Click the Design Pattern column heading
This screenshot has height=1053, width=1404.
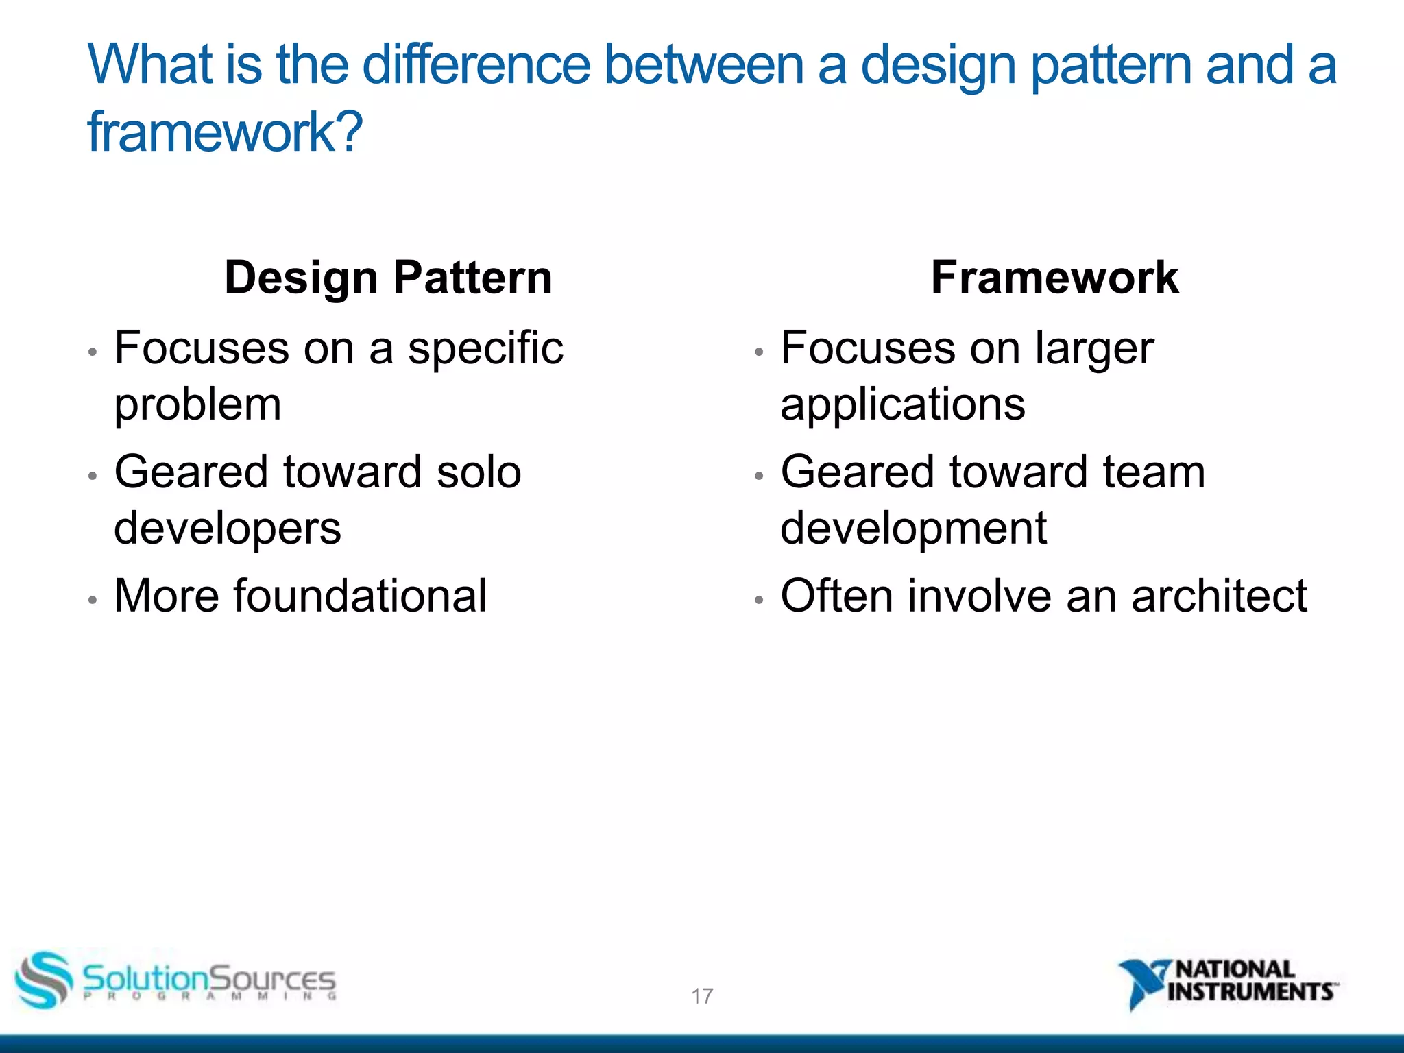[x=388, y=278]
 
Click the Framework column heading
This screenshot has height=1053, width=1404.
[x=1054, y=278]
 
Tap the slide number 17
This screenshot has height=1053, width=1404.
[x=702, y=995]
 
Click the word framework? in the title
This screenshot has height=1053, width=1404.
[x=225, y=132]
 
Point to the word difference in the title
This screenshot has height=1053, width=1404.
[x=476, y=64]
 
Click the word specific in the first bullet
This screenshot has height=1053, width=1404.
[x=485, y=348]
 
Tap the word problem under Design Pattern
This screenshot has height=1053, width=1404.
[x=197, y=404]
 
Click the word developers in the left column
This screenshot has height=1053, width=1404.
[x=227, y=529]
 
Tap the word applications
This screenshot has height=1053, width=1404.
[x=903, y=404]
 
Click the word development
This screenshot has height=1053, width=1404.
[x=913, y=529]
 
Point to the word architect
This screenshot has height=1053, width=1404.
[x=1219, y=596]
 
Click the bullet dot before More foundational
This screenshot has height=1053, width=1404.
[x=93, y=600]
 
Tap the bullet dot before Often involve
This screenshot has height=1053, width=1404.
[x=758, y=600]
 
